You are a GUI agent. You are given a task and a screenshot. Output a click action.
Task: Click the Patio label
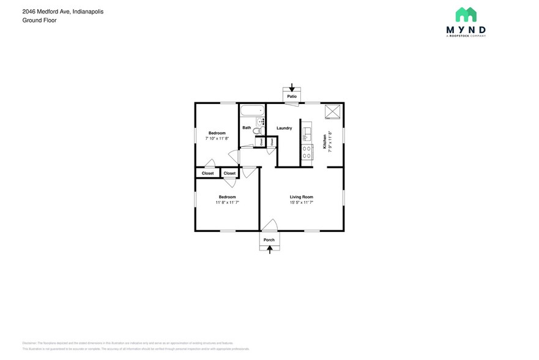[x=292, y=97]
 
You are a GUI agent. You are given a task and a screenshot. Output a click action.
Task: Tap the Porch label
[x=269, y=239]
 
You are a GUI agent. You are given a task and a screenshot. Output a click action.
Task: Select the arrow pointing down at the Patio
[x=292, y=88]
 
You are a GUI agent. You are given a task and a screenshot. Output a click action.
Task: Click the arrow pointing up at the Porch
[x=269, y=249]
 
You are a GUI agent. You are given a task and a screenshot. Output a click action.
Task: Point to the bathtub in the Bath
[x=251, y=111]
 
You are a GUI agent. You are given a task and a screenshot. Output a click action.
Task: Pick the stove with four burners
[x=306, y=151]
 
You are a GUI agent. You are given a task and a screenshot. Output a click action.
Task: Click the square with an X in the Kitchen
[x=333, y=111]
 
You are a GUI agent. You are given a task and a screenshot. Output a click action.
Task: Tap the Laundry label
[x=284, y=128]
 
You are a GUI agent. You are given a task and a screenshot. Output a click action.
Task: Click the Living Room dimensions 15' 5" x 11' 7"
[x=301, y=202]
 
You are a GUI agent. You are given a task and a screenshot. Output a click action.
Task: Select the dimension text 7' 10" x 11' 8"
[x=217, y=138]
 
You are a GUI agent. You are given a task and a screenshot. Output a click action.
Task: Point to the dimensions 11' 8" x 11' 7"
[x=227, y=202]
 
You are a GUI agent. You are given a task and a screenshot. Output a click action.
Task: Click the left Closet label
[x=207, y=173]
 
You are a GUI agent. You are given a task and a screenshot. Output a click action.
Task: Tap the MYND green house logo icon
[x=466, y=15]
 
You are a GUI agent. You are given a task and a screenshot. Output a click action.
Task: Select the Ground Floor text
[x=39, y=20]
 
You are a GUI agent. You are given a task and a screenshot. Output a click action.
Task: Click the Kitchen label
[x=324, y=142]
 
